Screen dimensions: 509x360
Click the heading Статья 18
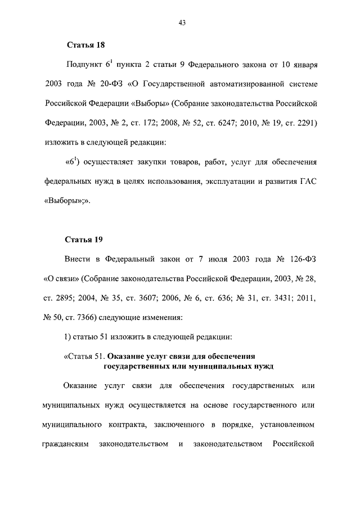tap(85, 44)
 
